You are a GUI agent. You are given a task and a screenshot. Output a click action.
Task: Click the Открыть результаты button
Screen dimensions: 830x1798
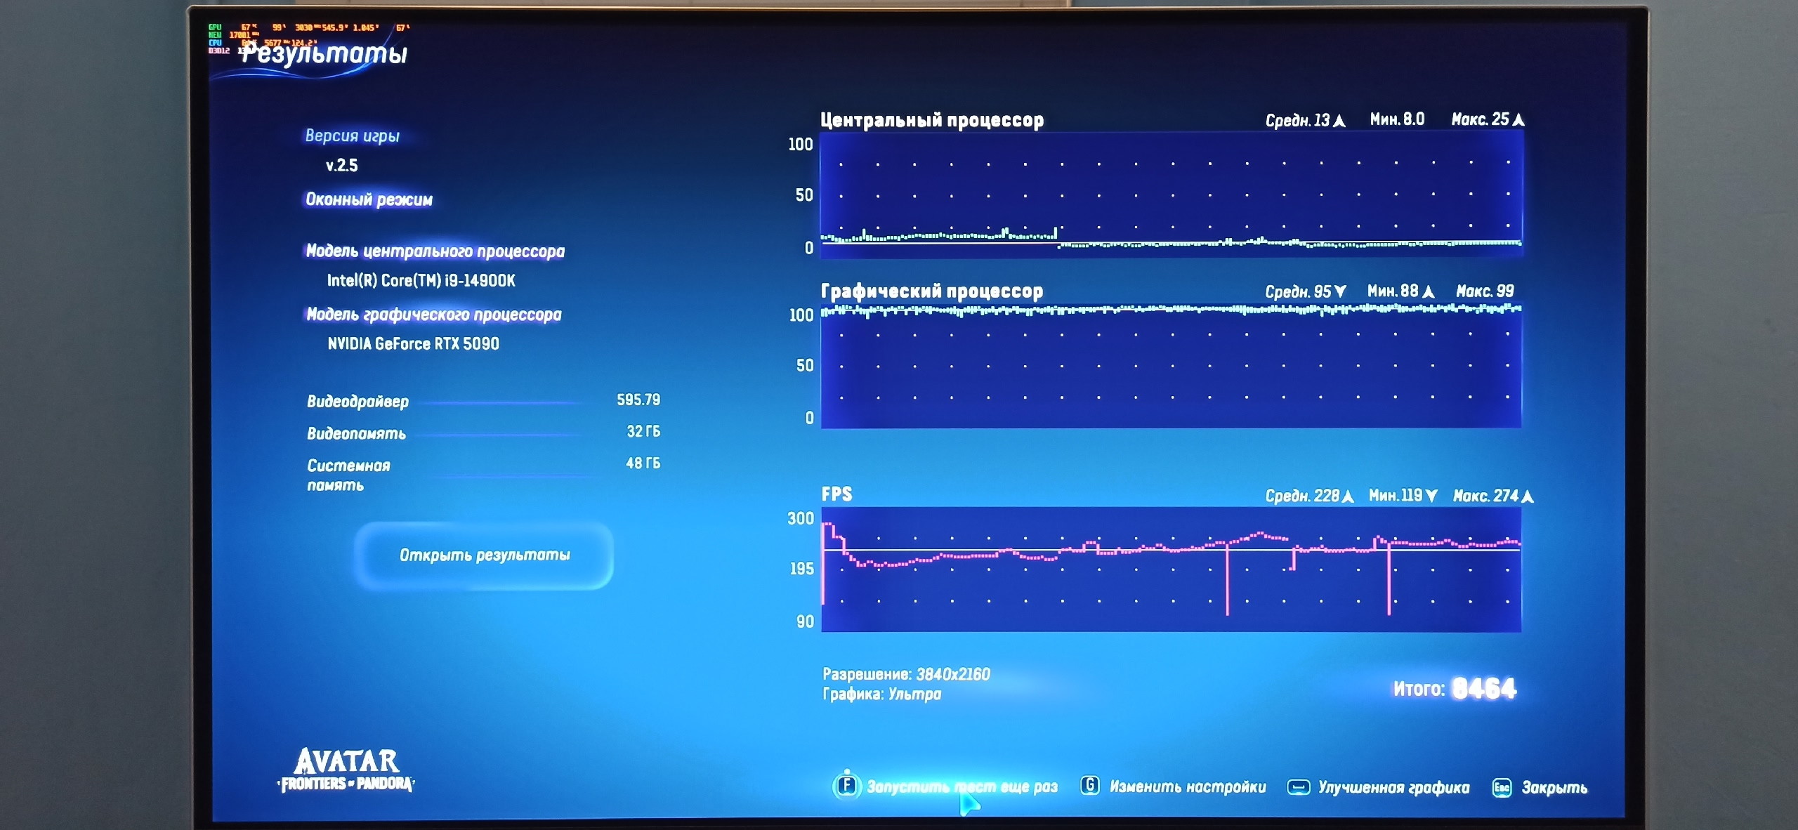(x=484, y=555)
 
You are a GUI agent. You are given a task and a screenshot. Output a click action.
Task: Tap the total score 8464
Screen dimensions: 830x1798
(x=1483, y=689)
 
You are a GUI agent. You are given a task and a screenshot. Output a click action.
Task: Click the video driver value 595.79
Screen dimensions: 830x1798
(x=638, y=400)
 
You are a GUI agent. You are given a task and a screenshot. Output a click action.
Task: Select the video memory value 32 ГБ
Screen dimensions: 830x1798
(x=643, y=432)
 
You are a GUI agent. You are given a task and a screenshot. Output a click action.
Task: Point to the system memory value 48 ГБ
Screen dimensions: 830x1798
(x=643, y=463)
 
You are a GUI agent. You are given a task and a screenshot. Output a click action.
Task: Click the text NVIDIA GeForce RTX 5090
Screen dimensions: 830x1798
(x=413, y=344)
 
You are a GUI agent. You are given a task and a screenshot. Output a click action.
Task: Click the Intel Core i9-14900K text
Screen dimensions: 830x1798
(x=421, y=281)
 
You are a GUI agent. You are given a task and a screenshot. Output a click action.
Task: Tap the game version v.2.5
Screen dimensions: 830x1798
(x=342, y=166)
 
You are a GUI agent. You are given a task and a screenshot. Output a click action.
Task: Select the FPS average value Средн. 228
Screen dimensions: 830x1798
(x=1308, y=496)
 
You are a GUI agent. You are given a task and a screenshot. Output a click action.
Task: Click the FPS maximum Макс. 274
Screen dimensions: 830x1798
(x=1492, y=496)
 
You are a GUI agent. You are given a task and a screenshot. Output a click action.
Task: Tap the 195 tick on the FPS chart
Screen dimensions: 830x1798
(x=801, y=569)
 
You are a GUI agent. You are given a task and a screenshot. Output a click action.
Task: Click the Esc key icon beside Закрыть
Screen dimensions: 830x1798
(x=1501, y=788)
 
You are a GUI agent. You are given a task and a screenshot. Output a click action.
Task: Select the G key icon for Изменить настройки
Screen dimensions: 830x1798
(x=1089, y=786)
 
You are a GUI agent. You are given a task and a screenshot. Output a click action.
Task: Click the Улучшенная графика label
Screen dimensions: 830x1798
(x=1393, y=788)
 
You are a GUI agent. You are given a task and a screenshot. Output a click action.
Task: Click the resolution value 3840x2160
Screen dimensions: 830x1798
(x=952, y=675)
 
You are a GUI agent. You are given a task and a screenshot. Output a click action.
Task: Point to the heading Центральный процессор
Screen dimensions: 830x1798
(x=931, y=120)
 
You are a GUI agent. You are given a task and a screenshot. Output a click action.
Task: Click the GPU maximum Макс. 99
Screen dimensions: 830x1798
(x=1484, y=291)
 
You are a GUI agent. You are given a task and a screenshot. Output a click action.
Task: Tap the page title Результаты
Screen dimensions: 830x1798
(x=324, y=53)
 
